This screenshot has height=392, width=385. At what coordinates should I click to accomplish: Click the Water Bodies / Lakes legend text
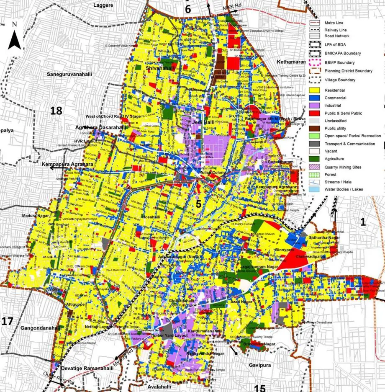click(346, 189)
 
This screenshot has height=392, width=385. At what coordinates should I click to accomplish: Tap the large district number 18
click(56, 111)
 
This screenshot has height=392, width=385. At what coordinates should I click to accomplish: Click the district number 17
click(7, 322)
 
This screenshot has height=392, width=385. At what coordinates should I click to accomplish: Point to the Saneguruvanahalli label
click(69, 74)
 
